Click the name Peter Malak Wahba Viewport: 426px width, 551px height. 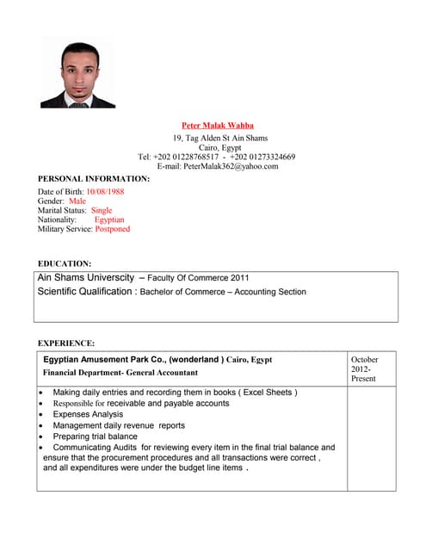(x=218, y=125)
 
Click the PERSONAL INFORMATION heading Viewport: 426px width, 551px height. (x=94, y=179)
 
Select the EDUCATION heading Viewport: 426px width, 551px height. (x=65, y=263)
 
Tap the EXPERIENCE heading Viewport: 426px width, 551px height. (x=67, y=344)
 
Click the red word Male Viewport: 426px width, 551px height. (x=77, y=201)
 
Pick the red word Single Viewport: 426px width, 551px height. (x=102, y=210)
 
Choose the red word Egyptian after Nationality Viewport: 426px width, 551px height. (x=109, y=220)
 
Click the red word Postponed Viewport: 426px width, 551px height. (x=113, y=229)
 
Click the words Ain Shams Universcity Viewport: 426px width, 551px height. (x=86, y=278)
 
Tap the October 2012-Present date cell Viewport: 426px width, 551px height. (x=364, y=368)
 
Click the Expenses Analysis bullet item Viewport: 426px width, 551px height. (x=89, y=414)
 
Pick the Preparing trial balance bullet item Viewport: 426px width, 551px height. (x=95, y=436)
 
